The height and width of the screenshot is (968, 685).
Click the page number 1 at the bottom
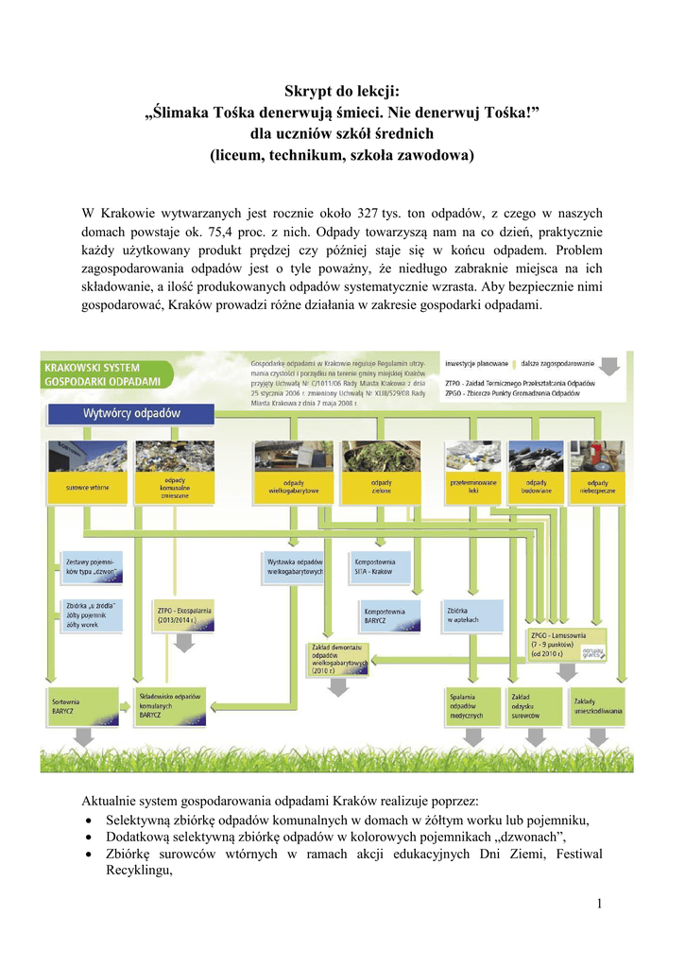599,905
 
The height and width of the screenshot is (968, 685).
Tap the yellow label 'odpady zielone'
381,488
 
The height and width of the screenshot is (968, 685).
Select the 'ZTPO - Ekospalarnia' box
184,615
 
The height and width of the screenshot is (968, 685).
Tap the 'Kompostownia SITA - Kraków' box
380,565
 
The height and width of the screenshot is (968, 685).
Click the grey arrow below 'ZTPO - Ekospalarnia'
184,642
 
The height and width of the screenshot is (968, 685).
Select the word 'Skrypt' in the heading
306,92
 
